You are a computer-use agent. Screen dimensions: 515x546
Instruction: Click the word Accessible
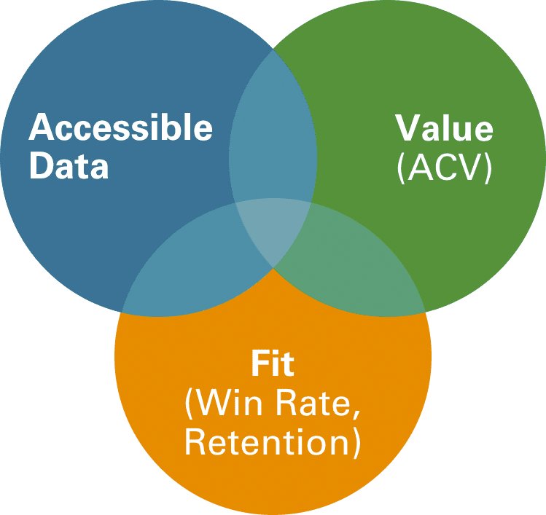point(120,129)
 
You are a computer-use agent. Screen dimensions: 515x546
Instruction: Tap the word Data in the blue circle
point(69,166)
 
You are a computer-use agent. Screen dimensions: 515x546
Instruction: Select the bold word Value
point(444,129)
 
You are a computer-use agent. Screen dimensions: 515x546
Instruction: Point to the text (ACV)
point(444,168)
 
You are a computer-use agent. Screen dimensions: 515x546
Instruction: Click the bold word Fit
point(273,363)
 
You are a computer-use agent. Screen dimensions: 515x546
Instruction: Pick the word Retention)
point(273,441)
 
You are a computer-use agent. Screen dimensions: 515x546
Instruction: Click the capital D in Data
point(41,166)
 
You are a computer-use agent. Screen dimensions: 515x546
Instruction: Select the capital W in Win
point(211,403)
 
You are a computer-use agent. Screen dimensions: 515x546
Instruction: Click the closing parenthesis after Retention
point(355,442)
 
